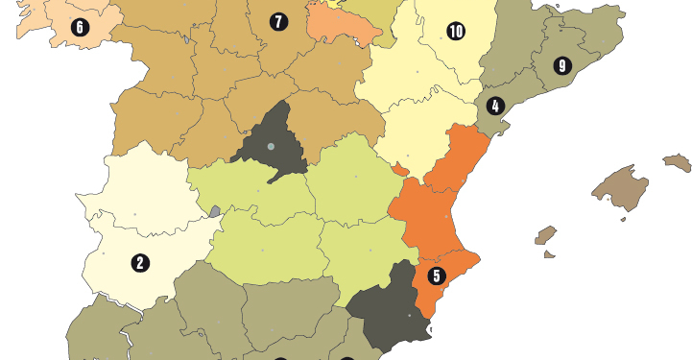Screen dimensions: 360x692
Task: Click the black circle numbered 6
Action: (80, 28)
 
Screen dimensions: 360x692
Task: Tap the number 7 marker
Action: (278, 21)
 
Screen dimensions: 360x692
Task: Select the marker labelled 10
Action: (455, 32)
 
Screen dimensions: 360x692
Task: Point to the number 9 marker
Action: (562, 66)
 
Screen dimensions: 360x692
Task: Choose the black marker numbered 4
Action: (495, 106)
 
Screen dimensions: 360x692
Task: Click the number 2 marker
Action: (140, 262)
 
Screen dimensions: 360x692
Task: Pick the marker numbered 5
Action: (437, 276)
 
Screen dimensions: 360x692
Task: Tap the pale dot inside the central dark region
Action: (271, 146)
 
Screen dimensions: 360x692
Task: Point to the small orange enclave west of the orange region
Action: (399, 170)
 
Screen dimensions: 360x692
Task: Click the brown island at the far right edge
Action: (678, 162)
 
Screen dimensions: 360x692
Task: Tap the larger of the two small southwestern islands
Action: (545, 235)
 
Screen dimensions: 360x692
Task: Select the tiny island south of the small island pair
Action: (549, 254)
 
